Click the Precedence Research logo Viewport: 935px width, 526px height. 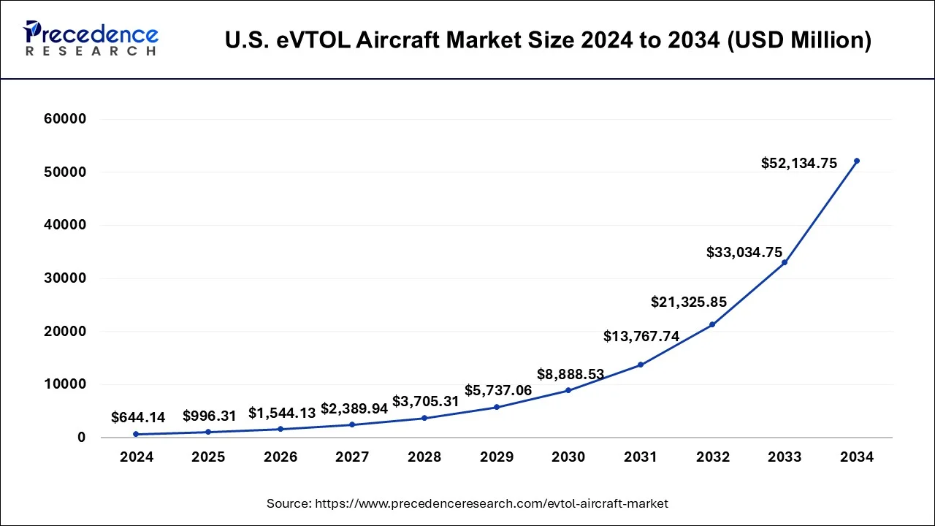coord(91,39)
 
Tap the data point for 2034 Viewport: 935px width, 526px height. coord(857,161)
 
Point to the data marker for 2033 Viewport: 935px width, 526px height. coord(785,262)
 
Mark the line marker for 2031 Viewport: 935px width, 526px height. coord(641,365)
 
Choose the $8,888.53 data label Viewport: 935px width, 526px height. coord(570,375)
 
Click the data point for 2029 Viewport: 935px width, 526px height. coord(497,407)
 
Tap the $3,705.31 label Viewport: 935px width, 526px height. coord(426,402)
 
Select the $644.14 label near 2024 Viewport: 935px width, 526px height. coord(138,418)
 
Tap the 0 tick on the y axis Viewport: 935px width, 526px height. coord(82,438)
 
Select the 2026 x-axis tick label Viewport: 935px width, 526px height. coord(280,457)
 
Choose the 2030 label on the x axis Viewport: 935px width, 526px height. coord(568,457)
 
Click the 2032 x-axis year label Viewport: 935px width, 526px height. coord(713,457)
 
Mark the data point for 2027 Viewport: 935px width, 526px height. coord(352,424)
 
